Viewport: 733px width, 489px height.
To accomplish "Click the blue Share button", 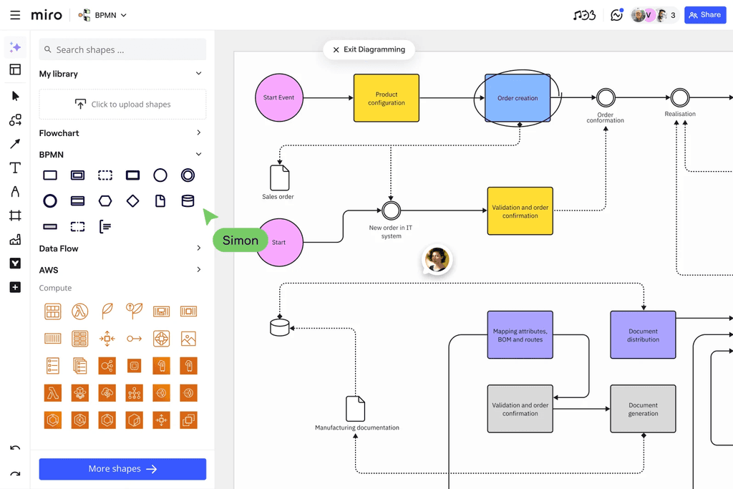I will (x=705, y=15).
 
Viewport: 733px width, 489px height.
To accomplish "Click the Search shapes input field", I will (x=122, y=50).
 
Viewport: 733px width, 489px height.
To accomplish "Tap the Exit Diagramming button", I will (x=369, y=49).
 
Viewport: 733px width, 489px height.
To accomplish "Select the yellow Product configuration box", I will (x=386, y=98).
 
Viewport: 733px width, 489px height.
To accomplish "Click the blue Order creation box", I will (x=518, y=98).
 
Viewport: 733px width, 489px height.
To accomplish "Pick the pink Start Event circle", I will (x=279, y=97).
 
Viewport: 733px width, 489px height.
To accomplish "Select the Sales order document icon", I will (x=279, y=178).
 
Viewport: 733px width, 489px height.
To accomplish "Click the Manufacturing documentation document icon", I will (x=356, y=409).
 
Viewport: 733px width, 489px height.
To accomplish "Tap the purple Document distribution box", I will (x=643, y=335).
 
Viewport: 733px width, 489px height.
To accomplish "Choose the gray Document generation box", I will (x=643, y=409).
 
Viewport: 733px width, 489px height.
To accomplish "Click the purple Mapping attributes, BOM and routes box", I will (x=520, y=335).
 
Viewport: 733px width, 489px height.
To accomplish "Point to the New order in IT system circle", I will (x=391, y=210).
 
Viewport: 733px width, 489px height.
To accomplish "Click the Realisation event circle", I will (x=680, y=97).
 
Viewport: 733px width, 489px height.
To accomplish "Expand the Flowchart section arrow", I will (x=198, y=133).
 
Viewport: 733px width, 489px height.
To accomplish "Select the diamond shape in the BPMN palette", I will (x=133, y=201).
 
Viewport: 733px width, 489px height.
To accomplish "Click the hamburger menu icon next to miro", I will (x=15, y=15).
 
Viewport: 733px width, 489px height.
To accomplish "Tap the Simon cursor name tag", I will (x=240, y=241).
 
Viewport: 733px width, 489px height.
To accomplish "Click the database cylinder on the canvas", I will (x=280, y=327).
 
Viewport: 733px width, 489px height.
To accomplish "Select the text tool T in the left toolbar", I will (x=15, y=168).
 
